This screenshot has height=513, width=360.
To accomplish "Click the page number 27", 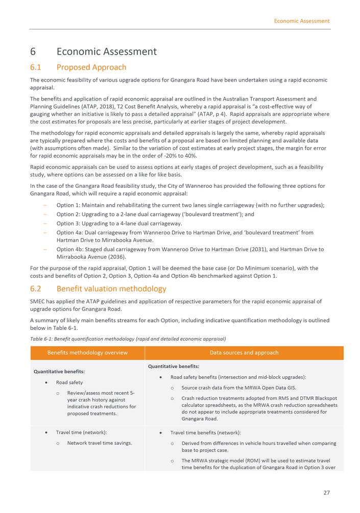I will point(326,493).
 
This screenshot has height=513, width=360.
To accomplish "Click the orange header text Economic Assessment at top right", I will point(301,21).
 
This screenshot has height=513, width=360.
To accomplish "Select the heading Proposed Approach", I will point(91,67).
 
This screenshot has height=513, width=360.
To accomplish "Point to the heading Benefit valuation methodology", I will point(111,289).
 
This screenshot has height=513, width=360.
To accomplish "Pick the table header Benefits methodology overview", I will point(87,353).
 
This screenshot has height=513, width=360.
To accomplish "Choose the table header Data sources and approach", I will point(244,353).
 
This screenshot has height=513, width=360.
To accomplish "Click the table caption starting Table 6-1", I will point(128,339).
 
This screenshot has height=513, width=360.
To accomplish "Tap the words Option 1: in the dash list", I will point(69,205).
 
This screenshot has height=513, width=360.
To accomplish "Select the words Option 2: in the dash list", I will point(69,214).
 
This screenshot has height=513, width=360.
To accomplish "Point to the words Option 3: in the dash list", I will point(69,224).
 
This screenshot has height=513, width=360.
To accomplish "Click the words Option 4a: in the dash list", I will point(70,233).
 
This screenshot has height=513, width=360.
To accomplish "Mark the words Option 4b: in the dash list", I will point(70,250).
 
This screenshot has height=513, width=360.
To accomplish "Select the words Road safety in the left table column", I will point(69,382).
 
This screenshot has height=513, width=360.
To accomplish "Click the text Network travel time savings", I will point(100,443).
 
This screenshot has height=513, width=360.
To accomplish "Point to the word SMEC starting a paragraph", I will point(38,302).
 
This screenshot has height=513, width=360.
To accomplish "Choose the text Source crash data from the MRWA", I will point(221,388).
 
